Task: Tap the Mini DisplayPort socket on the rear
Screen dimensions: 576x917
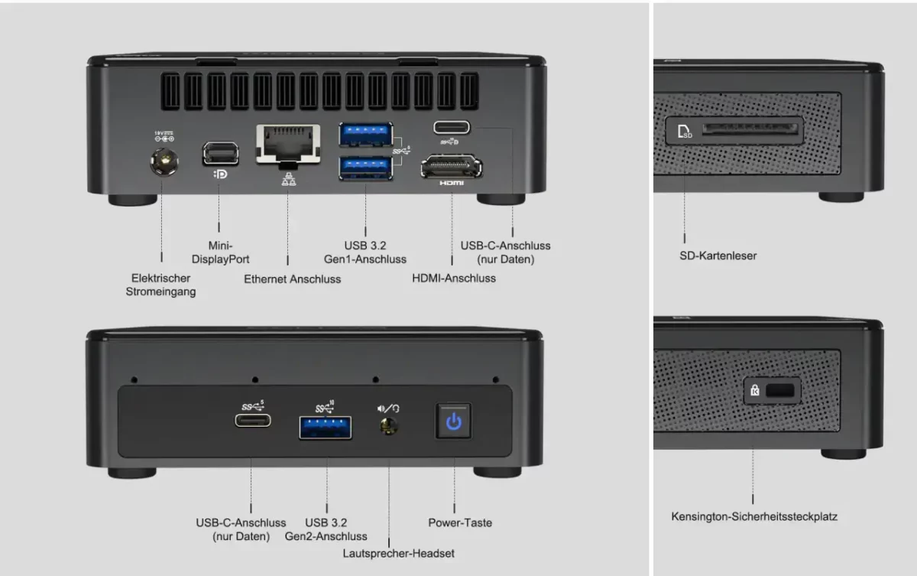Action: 220,153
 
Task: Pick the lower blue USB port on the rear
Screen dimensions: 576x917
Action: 365,168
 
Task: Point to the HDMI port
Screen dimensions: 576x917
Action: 451,166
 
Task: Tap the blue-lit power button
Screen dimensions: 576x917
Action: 454,421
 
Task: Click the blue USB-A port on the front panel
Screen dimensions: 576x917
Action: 326,427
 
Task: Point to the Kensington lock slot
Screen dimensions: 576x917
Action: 779,391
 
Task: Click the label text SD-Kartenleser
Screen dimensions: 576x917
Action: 718,255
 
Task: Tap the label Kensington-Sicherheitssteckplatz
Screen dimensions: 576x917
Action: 754,516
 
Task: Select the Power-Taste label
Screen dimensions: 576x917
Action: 460,522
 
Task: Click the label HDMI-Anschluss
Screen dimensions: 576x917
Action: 454,278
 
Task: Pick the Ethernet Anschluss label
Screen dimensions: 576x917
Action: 293,279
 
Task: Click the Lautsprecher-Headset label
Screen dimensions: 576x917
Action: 399,552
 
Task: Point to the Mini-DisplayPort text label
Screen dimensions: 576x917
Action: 220,252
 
